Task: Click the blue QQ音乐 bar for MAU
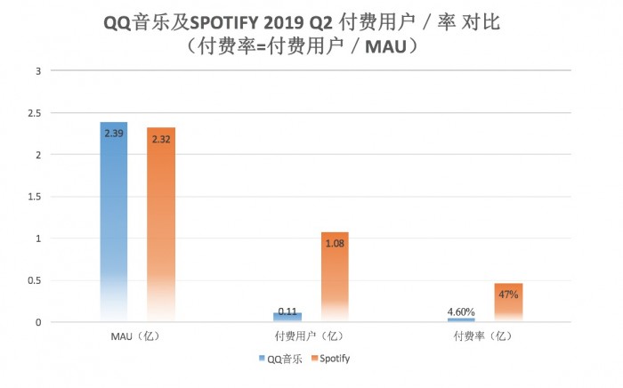pyautogui.click(x=114, y=222)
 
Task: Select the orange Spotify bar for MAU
pyautogui.click(x=161, y=222)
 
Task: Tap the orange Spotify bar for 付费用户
pyautogui.click(x=335, y=280)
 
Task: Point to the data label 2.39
pyautogui.click(x=114, y=133)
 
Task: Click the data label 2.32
pyautogui.click(x=161, y=140)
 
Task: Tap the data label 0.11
pyautogui.click(x=287, y=311)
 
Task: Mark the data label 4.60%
pyautogui.click(x=461, y=311)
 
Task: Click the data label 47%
pyautogui.click(x=508, y=295)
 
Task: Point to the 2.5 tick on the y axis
pyautogui.click(x=35, y=113)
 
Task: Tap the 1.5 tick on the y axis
pyautogui.click(x=35, y=197)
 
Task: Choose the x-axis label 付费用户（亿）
pyautogui.click(x=306, y=336)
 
